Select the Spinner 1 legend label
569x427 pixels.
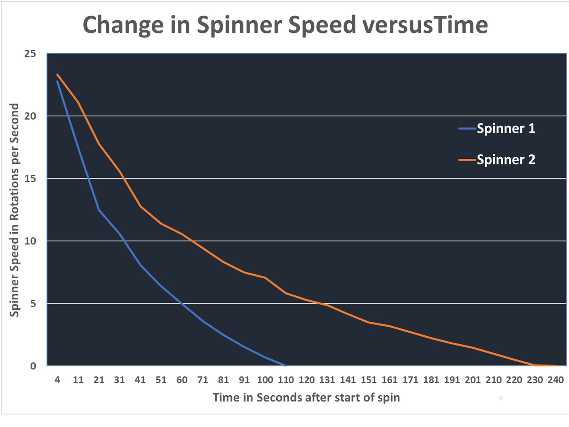tap(506, 128)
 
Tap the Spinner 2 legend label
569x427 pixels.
tap(506, 160)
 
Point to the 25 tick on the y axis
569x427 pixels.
tap(30, 54)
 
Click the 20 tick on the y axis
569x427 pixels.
tap(30, 116)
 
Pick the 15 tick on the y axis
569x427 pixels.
tap(30, 179)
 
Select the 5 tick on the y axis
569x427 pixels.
tap(33, 304)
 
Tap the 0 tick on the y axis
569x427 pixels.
tap(33, 366)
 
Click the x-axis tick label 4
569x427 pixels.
tap(57, 380)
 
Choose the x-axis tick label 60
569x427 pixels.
tap(182, 380)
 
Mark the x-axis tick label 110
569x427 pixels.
tap(286, 380)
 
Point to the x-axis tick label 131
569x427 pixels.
tap(327, 380)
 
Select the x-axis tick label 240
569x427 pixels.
tap(555, 380)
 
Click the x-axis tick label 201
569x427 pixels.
tap(473, 380)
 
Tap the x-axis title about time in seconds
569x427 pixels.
tap(306, 397)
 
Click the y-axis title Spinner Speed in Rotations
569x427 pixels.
tap(14, 210)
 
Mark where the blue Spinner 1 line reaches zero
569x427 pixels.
tap(286, 365)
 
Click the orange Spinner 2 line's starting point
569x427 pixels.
tap(57, 74)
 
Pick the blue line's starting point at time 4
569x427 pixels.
tap(57, 81)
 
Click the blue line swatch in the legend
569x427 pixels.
tap(467, 128)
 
